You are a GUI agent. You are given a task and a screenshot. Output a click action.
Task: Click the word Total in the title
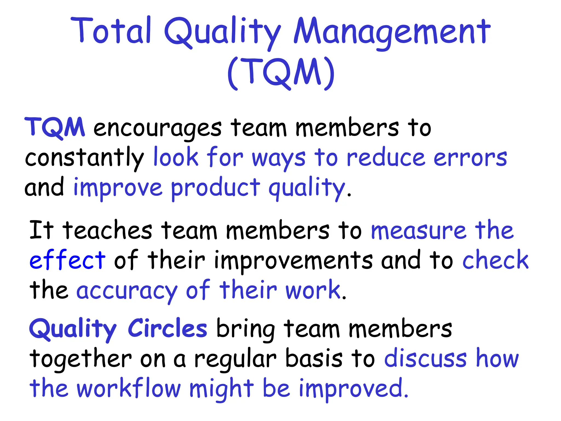click(x=111, y=31)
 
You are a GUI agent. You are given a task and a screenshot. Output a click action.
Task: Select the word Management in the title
click(x=392, y=32)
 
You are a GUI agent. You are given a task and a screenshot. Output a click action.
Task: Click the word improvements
click(x=293, y=261)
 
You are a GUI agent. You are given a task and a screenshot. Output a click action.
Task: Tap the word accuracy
click(x=127, y=291)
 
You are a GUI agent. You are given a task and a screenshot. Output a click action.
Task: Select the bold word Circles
click(x=167, y=328)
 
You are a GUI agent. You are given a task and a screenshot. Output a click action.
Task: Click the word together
click(x=81, y=359)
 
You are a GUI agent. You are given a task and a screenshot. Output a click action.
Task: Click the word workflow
click(x=129, y=389)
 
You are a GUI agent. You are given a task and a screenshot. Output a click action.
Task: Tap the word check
click(x=495, y=260)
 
